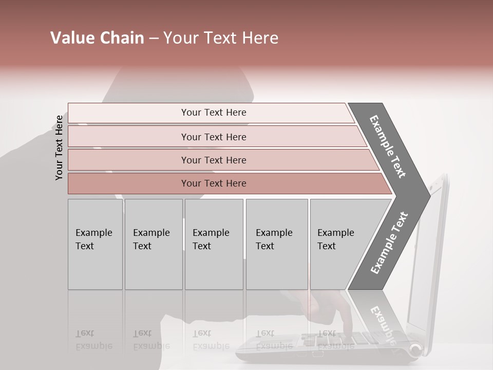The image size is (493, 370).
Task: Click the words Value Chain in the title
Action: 97,38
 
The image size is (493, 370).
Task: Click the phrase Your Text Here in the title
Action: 221,38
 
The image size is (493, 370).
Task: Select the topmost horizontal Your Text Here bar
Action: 213,113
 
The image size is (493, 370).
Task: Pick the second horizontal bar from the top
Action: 213,137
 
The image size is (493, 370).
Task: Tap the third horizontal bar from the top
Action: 213,160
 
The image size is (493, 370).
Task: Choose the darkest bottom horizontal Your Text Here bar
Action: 213,183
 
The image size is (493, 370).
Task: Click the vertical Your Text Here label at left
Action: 59,147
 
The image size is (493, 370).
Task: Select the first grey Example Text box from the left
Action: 95,244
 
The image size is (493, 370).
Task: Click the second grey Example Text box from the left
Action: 153,244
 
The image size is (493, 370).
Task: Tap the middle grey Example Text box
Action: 214,244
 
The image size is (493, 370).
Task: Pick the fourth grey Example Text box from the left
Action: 276,244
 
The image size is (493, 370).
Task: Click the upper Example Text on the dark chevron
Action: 387,146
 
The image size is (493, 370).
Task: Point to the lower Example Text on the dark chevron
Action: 389,243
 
